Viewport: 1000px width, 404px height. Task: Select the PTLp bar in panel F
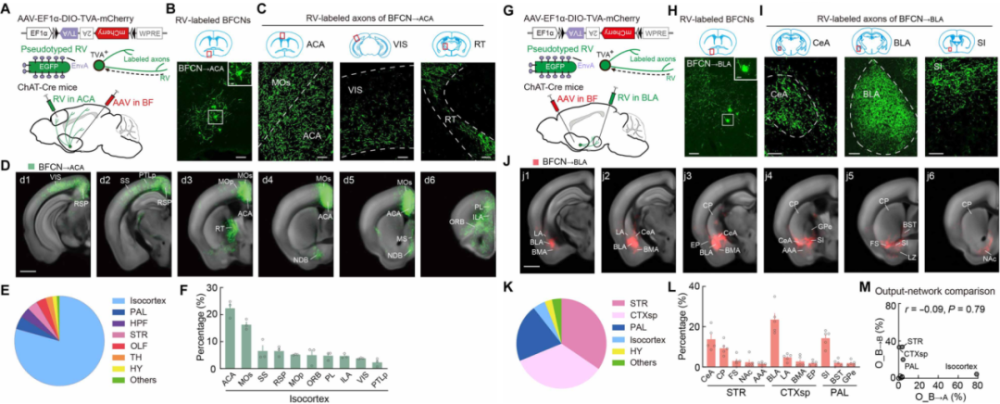[378, 364]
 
